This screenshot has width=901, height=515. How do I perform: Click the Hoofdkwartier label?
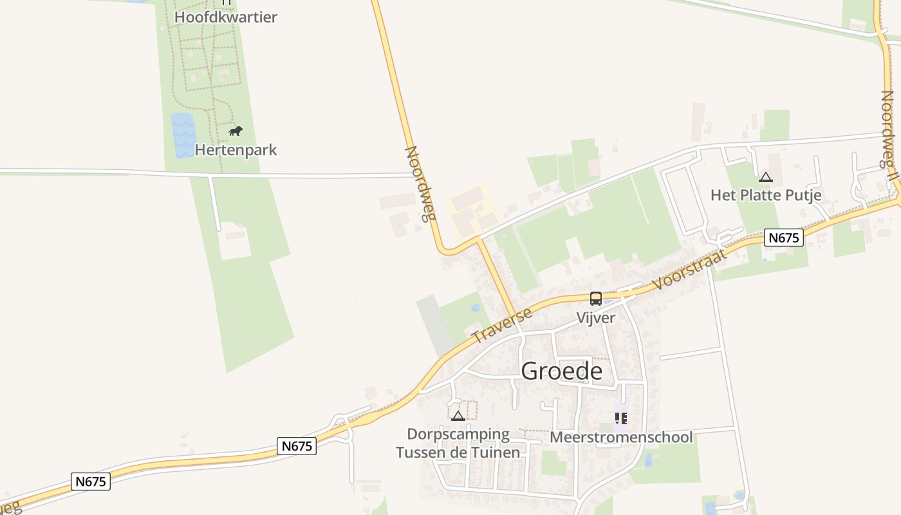point(225,17)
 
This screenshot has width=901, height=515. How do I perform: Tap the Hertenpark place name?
point(236,150)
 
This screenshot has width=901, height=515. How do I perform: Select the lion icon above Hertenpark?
point(236,131)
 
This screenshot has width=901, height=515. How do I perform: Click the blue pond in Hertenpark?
point(183,135)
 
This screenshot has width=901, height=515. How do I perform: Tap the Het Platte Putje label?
point(766,195)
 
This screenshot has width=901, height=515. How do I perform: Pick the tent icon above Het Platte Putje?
point(765,178)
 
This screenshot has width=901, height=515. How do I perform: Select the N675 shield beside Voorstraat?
point(784,238)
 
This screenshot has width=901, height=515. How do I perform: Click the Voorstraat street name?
point(689,268)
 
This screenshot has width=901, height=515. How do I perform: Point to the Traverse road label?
point(502,326)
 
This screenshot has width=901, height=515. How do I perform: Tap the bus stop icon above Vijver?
point(596,299)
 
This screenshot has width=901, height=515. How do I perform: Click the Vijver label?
point(595,317)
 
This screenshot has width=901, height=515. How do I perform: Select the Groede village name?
point(561,371)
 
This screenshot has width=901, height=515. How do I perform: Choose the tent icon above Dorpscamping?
point(458,416)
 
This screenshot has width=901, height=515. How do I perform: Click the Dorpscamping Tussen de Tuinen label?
point(458,444)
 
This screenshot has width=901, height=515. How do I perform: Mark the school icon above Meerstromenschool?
point(621,419)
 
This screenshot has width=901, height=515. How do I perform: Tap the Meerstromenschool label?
point(621,438)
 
